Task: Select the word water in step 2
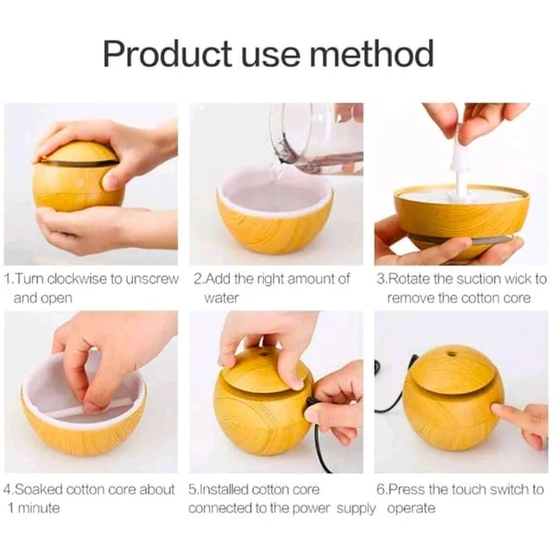pyautogui.click(x=221, y=298)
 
